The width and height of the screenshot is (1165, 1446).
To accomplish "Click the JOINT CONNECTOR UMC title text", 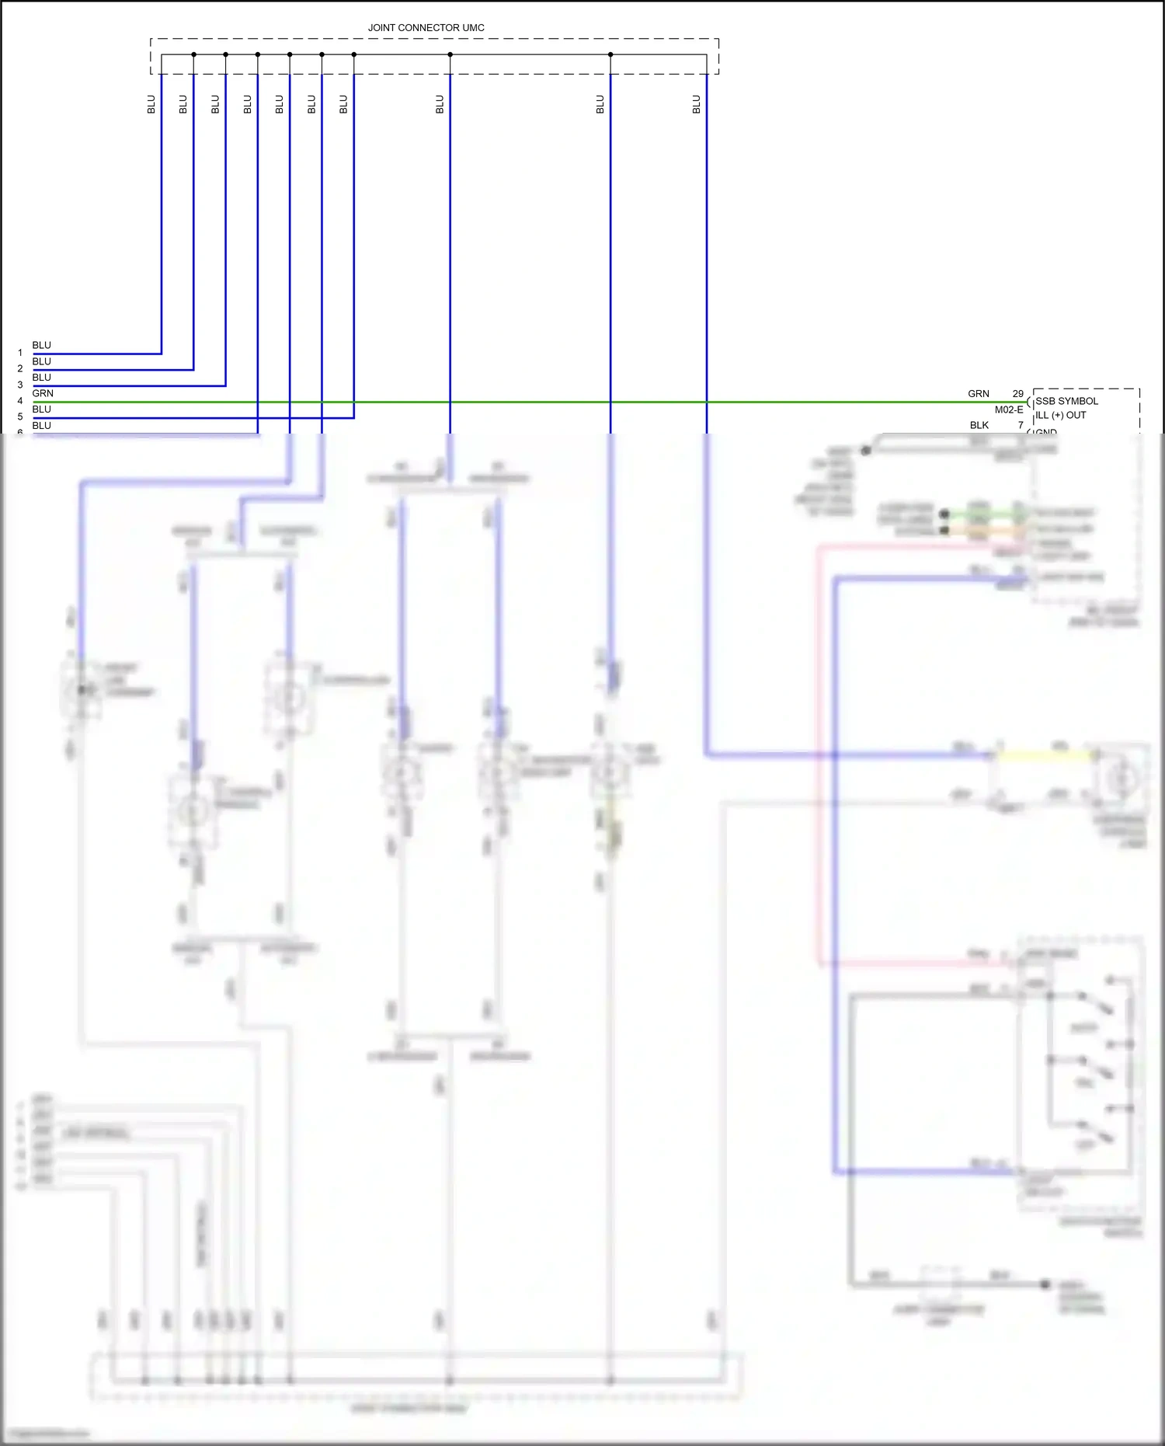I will click(426, 28).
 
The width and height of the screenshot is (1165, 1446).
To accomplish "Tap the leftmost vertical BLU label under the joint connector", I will click(151, 104).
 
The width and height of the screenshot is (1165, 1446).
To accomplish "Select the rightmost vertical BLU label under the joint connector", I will click(697, 104).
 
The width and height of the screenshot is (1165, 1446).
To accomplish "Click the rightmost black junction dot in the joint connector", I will click(610, 54).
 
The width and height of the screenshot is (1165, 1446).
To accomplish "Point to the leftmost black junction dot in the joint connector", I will click(193, 54).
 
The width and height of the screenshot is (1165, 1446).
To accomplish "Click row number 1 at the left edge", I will click(20, 353).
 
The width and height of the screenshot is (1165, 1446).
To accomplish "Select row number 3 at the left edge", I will click(20, 385).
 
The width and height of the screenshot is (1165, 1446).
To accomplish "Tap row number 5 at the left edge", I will click(20, 416).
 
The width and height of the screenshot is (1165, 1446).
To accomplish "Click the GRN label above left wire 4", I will click(43, 393).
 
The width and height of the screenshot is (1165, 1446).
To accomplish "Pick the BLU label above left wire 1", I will click(42, 345).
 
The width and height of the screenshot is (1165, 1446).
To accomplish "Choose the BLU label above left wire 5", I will click(42, 409).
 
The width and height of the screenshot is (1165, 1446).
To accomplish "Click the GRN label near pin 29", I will click(978, 394).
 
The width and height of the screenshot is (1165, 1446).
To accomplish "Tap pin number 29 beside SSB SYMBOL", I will click(1017, 394).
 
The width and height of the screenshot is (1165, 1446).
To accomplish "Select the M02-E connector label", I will click(1008, 409).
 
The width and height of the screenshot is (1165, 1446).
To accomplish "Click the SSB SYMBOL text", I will click(1066, 401).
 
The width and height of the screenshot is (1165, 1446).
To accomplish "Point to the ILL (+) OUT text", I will click(1060, 415).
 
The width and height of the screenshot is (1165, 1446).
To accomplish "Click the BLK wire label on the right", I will click(979, 425).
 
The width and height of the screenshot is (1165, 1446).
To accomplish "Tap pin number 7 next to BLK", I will click(1021, 425).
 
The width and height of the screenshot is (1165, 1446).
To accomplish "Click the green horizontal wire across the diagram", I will click(544, 402).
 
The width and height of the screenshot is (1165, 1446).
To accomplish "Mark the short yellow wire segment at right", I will click(1045, 754).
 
